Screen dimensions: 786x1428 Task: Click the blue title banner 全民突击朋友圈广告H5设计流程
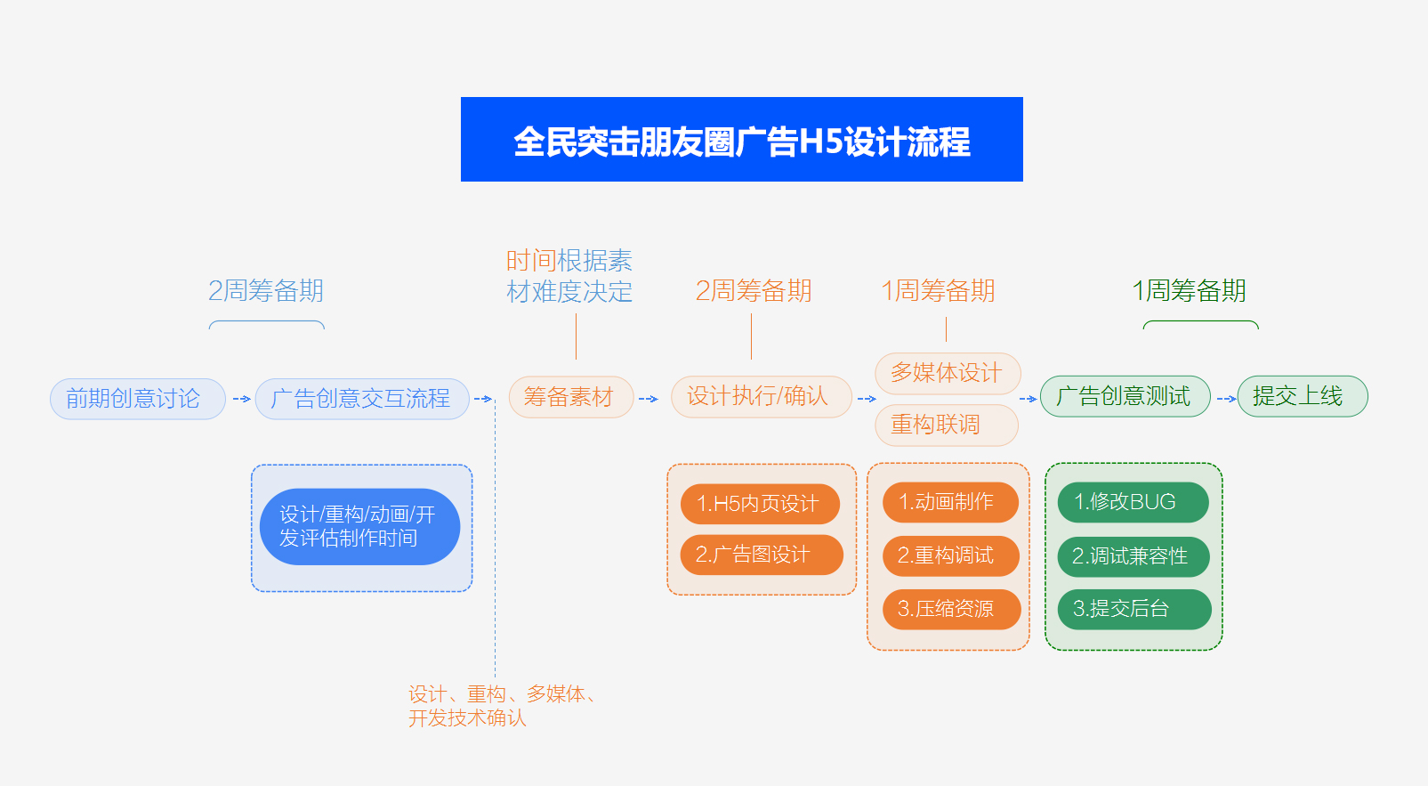(741, 140)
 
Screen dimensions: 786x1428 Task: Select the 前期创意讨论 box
(138, 399)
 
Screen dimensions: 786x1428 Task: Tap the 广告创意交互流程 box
(361, 399)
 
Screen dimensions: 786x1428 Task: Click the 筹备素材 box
(570, 397)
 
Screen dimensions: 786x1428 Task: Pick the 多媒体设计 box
(947, 373)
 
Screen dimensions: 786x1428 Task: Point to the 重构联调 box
(946, 425)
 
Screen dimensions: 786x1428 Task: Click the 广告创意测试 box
(1125, 397)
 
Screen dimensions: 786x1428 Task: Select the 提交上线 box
(1302, 397)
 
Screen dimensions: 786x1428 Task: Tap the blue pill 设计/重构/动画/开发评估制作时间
(359, 527)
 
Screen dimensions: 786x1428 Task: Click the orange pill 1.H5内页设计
(760, 504)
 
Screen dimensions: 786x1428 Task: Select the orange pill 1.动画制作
(949, 502)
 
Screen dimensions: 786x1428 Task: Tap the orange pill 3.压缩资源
(950, 610)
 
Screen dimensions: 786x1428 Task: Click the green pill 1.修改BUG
(1132, 502)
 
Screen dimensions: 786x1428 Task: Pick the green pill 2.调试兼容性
(1133, 556)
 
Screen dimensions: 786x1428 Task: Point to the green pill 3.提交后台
(1133, 610)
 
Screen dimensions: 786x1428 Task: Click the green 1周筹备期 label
(1189, 291)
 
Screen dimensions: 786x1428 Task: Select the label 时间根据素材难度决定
(569, 276)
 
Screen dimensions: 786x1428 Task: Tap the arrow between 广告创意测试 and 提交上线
(1225, 399)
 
